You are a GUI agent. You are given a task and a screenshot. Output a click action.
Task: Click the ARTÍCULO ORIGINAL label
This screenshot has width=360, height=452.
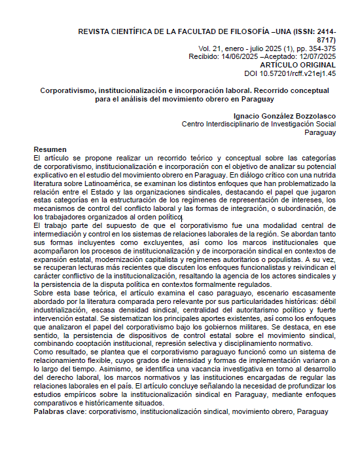[x=298, y=66]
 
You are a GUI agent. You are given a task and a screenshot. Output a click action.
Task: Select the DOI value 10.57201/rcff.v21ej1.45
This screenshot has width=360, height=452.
[x=298, y=74]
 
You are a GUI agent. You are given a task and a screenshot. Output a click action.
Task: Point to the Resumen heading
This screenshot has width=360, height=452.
[x=50, y=149]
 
